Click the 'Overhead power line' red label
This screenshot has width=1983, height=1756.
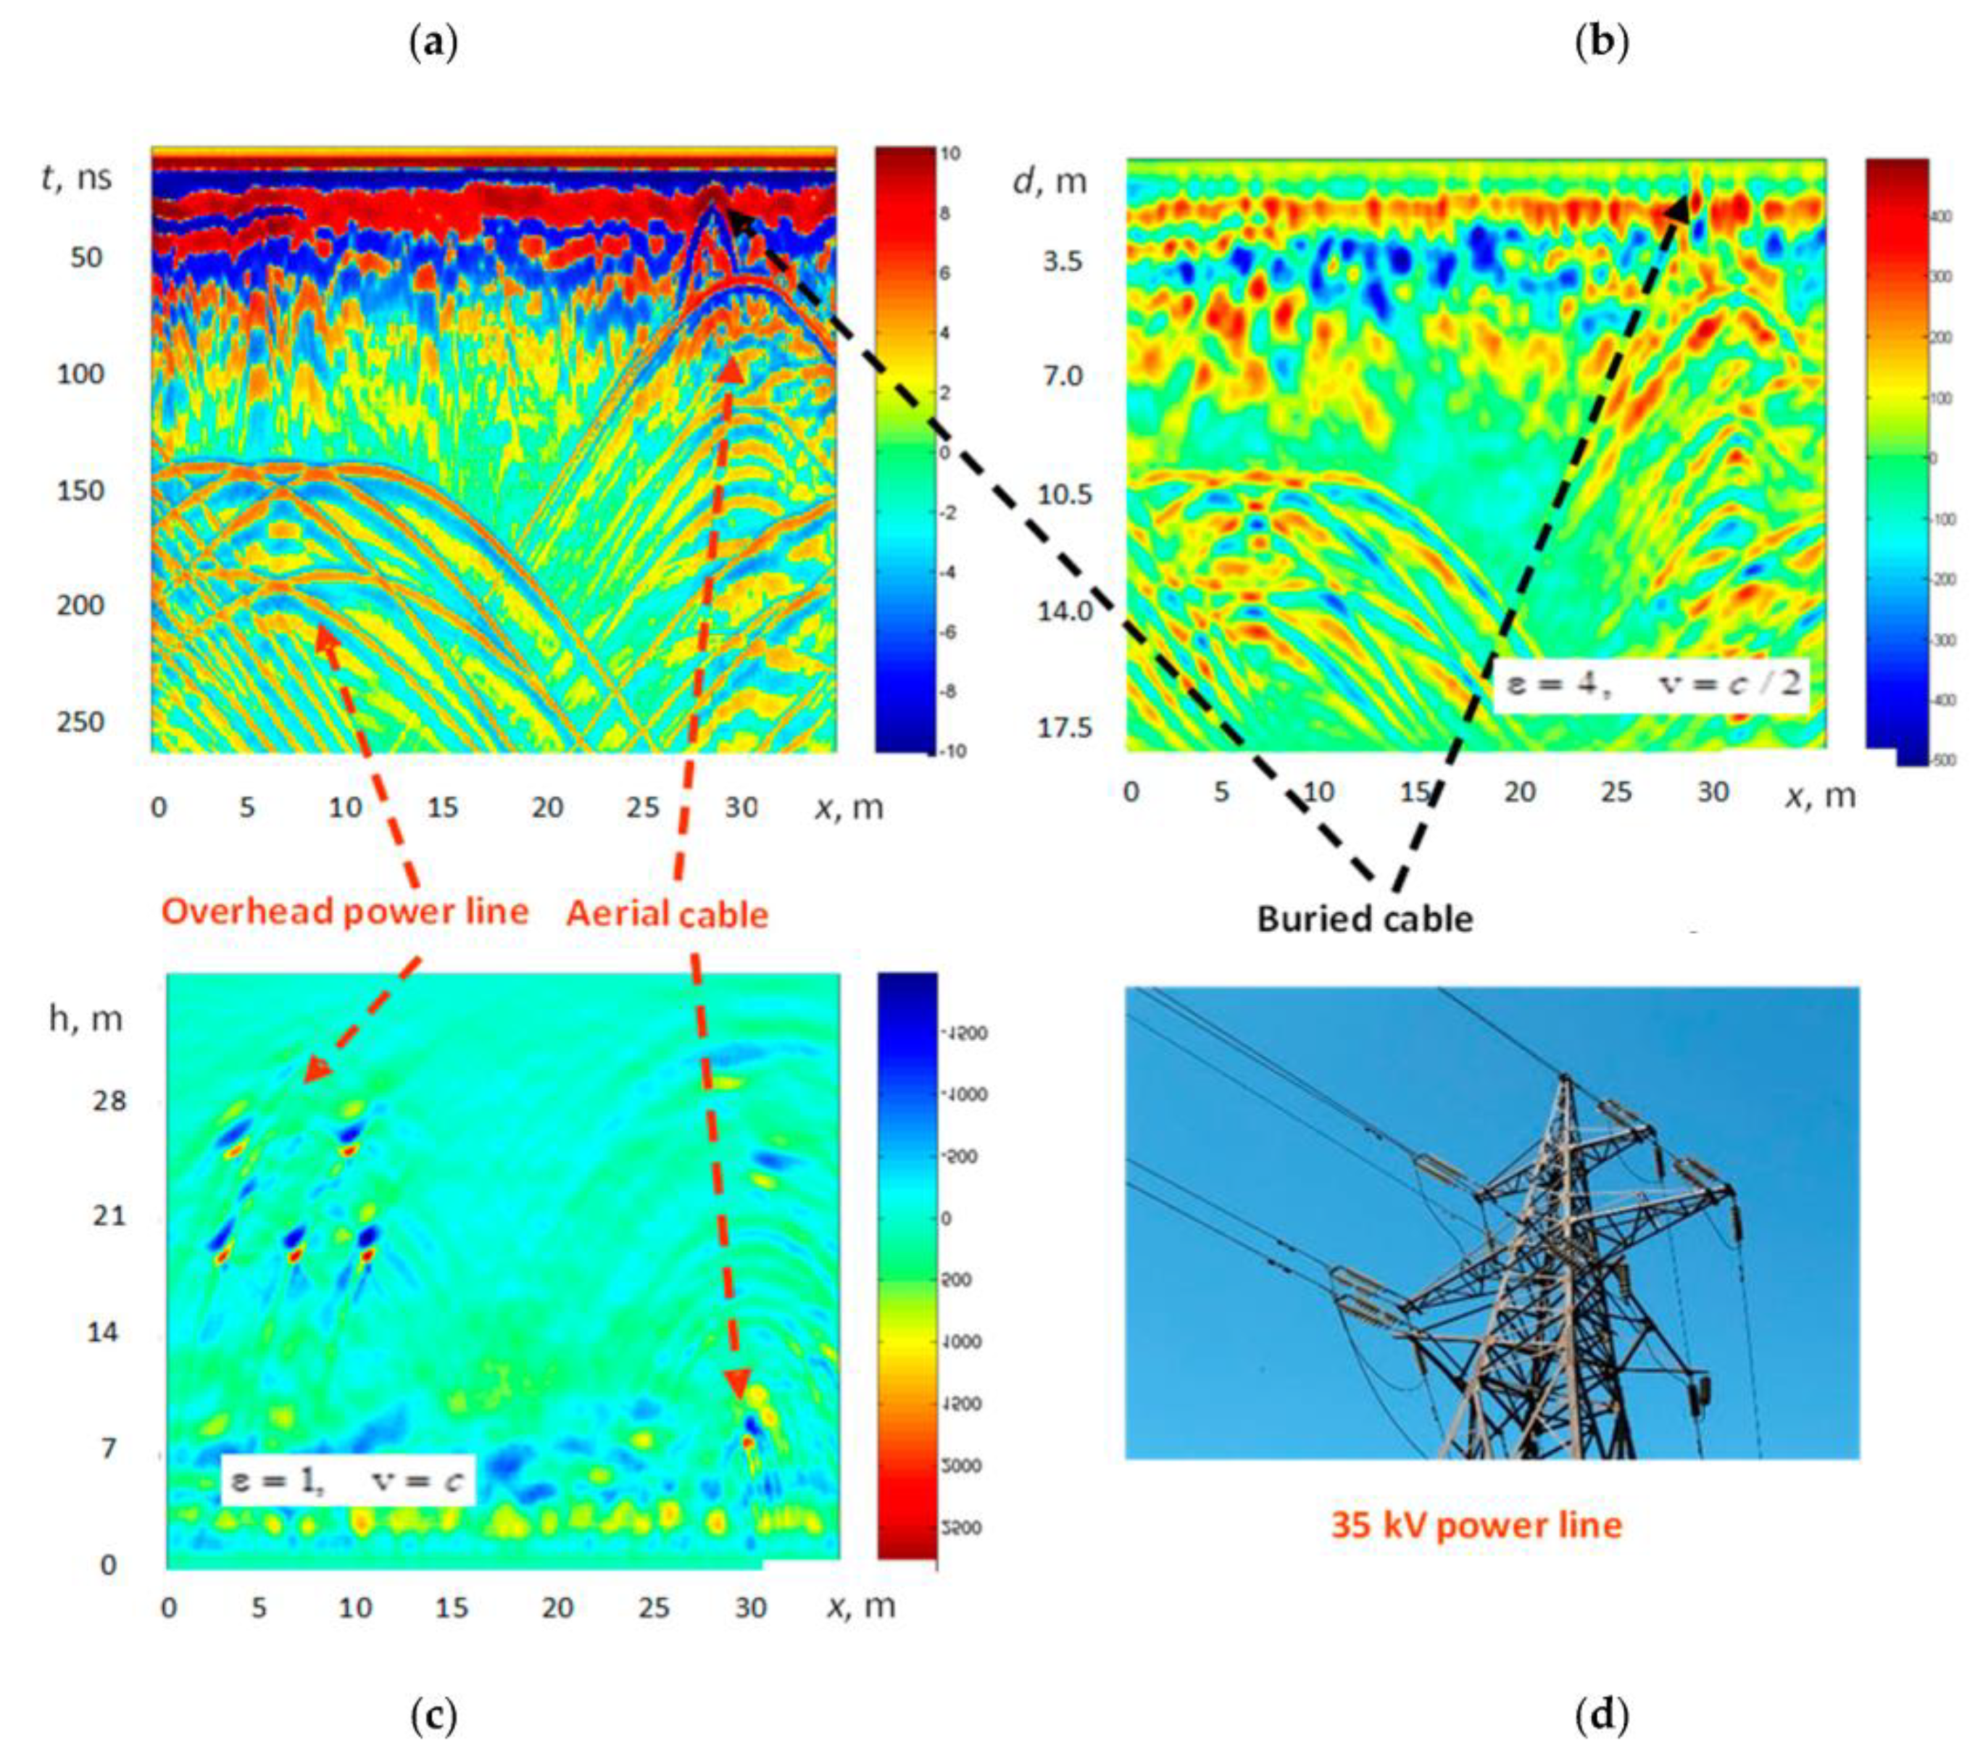344,911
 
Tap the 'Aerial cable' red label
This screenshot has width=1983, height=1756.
667,914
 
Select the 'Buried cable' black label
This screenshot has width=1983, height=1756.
1364,917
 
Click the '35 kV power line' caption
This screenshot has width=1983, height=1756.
1476,1525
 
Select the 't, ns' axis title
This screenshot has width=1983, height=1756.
77,178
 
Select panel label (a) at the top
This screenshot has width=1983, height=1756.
433,43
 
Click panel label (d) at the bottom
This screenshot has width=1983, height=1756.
1601,1715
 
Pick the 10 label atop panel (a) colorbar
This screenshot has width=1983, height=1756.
949,154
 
